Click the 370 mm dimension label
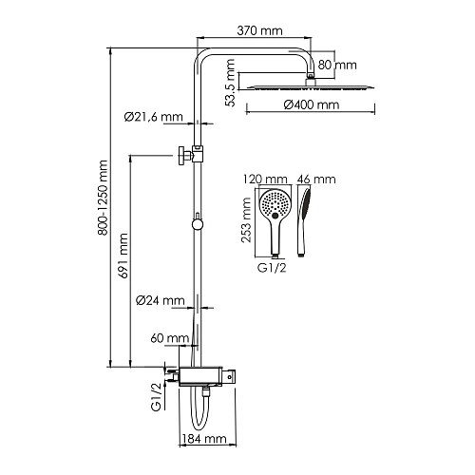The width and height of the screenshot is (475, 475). (x=259, y=30)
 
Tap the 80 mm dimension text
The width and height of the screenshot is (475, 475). (x=337, y=65)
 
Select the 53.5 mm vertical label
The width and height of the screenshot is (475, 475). (x=230, y=83)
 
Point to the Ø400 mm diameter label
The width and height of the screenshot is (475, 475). (x=312, y=104)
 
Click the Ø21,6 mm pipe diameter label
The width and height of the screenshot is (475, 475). (x=154, y=117)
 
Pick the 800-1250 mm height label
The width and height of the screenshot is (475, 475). (x=103, y=198)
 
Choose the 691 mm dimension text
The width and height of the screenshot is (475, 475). (x=123, y=256)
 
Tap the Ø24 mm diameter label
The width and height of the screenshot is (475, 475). (x=160, y=300)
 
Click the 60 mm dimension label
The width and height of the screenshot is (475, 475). (x=170, y=338)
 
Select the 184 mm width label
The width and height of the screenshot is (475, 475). (x=204, y=439)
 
